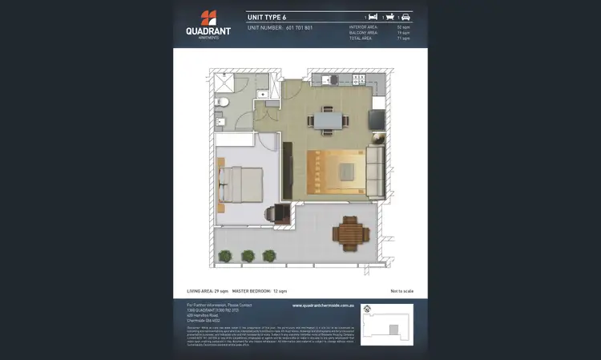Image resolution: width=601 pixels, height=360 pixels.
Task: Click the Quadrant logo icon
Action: [208, 18]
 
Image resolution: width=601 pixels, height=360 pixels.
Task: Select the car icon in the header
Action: [405, 16]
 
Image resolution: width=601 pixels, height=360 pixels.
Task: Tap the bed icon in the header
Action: [373, 16]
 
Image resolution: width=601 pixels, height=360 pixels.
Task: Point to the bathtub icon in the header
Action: [389, 16]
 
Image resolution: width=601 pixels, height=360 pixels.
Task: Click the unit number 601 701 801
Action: [299, 27]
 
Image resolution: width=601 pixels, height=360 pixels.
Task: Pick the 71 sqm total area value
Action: [405, 38]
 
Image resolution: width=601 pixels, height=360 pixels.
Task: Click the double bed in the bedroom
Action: [242, 182]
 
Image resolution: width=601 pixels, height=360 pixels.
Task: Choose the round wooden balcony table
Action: [350, 233]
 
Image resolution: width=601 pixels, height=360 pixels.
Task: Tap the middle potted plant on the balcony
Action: [248, 256]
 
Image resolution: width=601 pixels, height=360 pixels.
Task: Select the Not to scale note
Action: [401, 290]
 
